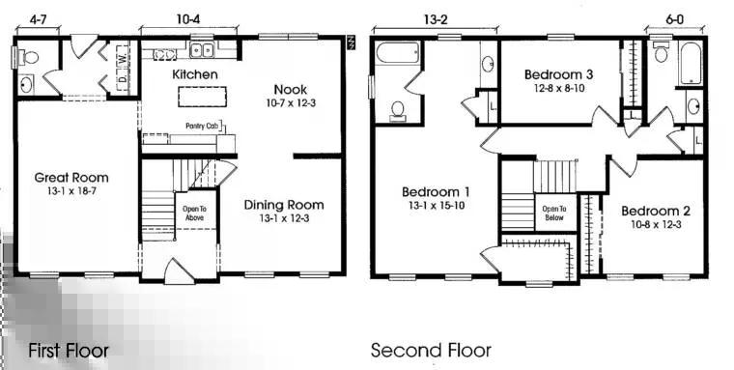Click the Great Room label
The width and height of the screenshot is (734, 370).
(x=71, y=178)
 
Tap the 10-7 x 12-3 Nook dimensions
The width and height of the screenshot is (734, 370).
(x=291, y=103)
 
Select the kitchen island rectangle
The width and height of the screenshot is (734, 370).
(x=202, y=97)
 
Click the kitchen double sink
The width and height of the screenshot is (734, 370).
(x=202, y=49)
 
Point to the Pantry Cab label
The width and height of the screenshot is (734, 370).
(x=203, y=126)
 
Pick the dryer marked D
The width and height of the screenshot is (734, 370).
(x=123, y=80)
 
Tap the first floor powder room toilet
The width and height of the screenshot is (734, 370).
(x=29, y=58)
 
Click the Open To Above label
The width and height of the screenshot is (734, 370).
(x=195, y=213)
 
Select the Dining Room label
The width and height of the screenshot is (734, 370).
(x=284, y=205)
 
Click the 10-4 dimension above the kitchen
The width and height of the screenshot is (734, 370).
(x=189, y=19)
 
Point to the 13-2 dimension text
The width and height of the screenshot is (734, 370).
(x=435, y=19)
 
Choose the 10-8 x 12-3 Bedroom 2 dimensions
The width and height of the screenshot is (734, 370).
(x=656, y=224)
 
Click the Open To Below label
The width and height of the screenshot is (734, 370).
(x=554, y=213)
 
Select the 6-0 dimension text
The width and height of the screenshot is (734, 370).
(x=674, y=19)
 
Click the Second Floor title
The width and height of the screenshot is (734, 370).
(x=431, y=350)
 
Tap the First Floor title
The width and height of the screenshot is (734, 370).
(x=69, y=351)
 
